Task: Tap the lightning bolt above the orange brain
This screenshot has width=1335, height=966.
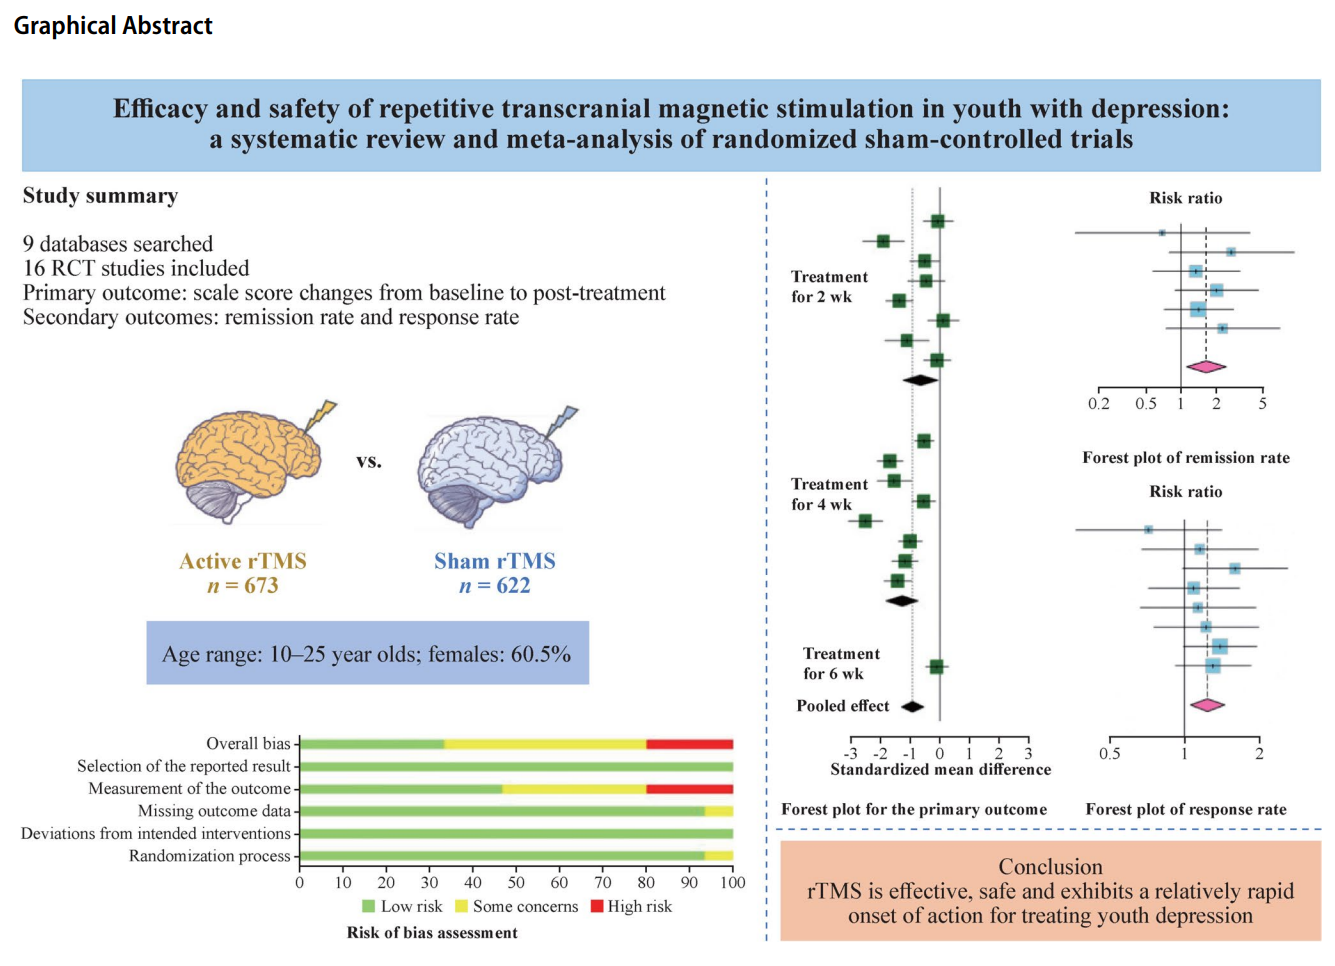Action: coord(322,414)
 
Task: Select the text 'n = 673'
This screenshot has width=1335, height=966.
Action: coord(243,586)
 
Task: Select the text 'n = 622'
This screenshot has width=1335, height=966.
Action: coord(495,586)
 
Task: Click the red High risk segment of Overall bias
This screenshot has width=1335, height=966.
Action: coord(689,744)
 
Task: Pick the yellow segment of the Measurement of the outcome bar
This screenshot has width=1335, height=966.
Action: coord(574,789)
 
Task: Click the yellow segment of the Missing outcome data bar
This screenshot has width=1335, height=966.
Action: coord(718,811)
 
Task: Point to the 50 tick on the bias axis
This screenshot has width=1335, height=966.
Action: coord(516,882)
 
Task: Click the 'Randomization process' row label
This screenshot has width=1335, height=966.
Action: coord(209,856)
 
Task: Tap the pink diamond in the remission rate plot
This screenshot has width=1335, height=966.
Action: coord(1205,367)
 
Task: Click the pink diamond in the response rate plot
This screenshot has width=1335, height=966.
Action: coord(1207,705)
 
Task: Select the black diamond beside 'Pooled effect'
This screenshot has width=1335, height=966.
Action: coord(912,706)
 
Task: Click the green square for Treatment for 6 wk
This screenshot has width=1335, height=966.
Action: coord(936,667)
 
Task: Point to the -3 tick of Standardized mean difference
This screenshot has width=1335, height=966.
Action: coord(851,753)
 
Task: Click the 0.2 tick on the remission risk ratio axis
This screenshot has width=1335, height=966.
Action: coord(1099,403)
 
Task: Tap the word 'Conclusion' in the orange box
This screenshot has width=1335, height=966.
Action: coord(1050,867)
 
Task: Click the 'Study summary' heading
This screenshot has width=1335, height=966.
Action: coord(100,196)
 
